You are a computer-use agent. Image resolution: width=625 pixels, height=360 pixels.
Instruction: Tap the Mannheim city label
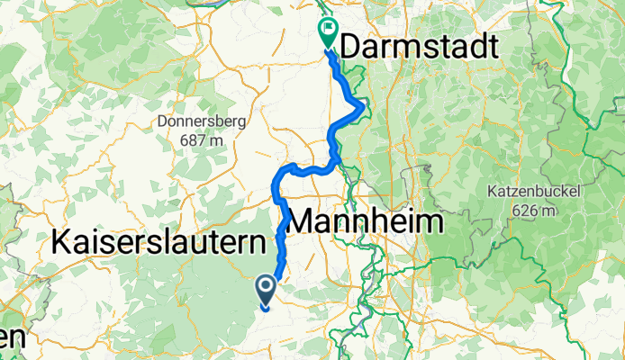pyautogui.click(x=367, y=220)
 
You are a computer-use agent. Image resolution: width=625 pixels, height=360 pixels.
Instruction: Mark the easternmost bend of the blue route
pyautogui.click(x=363, y=107)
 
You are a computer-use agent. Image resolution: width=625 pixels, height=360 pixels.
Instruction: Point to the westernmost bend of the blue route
pyautogui.click(x=274, y=186)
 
